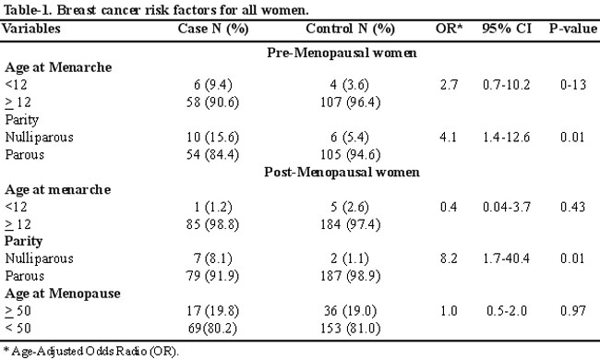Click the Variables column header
pos(31,29)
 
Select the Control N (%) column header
pos(350,29)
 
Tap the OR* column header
pos(449,29)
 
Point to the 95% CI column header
pos(507,29)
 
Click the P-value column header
pos(573,29)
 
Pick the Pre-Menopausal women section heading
pos(342,53)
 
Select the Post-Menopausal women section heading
pos(342,173)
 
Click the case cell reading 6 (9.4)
pos(212,85)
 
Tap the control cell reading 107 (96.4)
pos(350,102)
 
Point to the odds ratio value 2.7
pos(449,85)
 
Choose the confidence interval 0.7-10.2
pos(506,85)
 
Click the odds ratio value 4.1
pos(449,137)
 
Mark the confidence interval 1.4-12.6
pos(506,137)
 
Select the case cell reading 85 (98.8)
pos(212,224)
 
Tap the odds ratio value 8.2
pos(449,258)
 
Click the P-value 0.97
pos(573,311)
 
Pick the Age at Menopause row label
pos(63,294)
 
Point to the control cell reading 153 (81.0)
pos(350,329)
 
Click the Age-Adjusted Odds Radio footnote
pos(91,351)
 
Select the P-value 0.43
pos(573,207)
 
